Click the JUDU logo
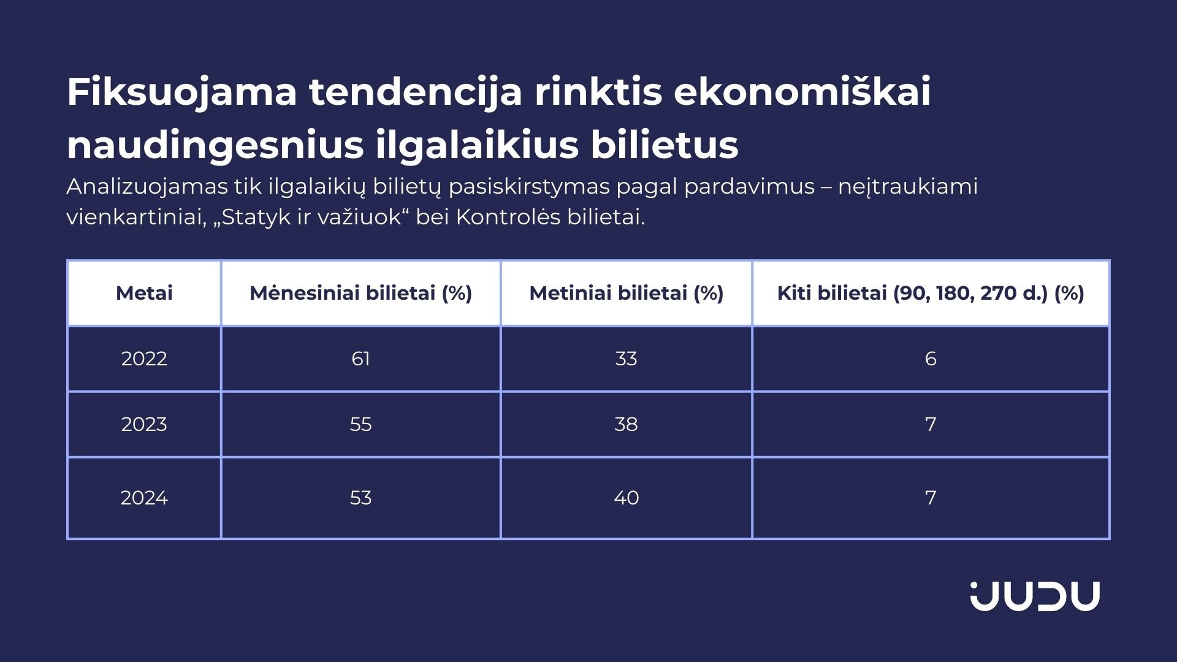pos(1035,596)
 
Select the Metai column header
pos(144,293)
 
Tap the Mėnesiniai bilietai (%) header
pos(360,293)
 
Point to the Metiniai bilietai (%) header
pos(626,293)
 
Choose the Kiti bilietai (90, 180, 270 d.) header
pos(931,293)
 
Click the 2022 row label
pos(144,359)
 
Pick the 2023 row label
pos(144,424)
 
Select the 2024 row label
pos(144,498)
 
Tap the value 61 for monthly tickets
pos(360,359)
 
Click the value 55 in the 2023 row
pos(360,424)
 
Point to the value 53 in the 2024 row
pos(360,498)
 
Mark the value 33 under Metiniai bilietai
pos(626,359)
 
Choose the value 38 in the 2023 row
pos(626,424)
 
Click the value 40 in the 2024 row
pos(626,498)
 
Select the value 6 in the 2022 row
pos(931,359)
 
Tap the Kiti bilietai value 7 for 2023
pos(931,424)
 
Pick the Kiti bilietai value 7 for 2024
pos(931,498)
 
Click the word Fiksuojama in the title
pos(182,93)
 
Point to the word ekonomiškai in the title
pos(802,92)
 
